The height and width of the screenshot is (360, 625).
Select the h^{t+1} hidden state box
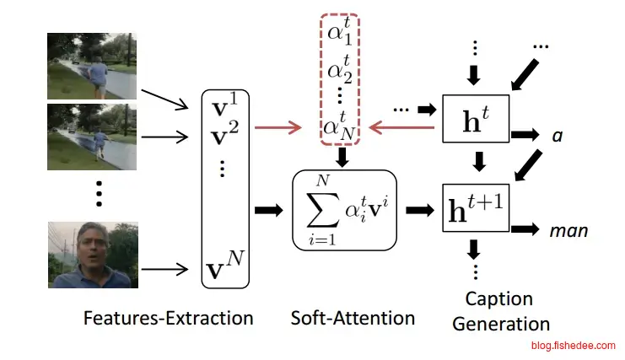click(x=477, y=207)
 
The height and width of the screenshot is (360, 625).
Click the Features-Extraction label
click(x=168, y=318)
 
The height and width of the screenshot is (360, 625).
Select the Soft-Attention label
click(x=353, y=318)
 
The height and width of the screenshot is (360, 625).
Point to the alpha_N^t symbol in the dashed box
click(x=340, y=126)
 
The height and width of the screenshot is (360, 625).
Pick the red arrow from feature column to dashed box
click(x=278, y=128)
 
